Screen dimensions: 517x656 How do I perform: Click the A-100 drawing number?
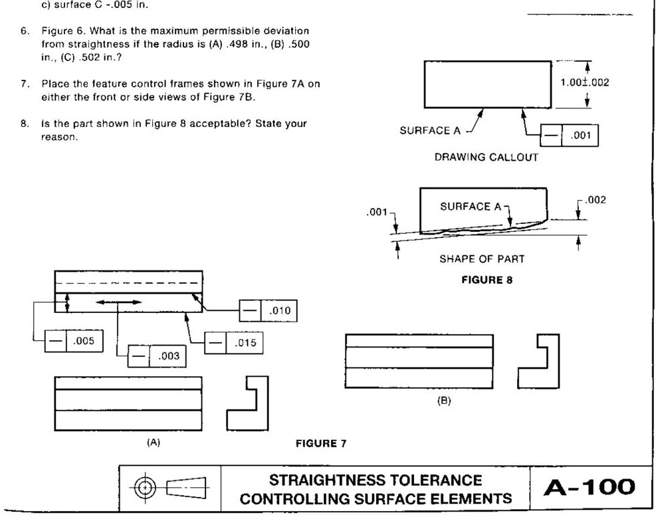[589, 488]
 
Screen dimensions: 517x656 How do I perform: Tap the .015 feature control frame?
[233, 343]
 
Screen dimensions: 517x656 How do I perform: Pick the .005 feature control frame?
[73, 342]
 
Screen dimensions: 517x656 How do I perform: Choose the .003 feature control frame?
[157, 356]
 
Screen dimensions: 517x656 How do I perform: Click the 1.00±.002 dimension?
[585, 82]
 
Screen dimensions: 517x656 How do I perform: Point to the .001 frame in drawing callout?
[568, 136]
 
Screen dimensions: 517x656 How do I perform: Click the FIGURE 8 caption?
[487, 280]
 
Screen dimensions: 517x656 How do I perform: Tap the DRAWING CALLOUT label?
[486, 157]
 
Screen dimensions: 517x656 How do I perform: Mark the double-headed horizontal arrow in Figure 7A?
[118, 302]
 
